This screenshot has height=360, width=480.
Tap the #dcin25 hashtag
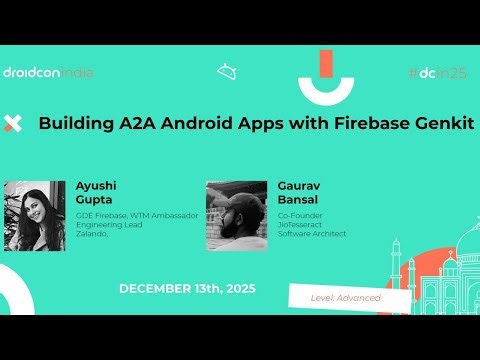coord(437,72)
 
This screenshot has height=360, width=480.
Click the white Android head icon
coord(226,72)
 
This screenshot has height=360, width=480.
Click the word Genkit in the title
coord(437,124)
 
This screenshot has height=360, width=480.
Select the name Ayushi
coord(97,186)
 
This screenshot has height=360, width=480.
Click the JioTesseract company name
coord(304,224)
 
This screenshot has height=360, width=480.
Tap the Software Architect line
coord(312,234)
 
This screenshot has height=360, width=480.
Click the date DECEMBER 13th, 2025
coord(187,288)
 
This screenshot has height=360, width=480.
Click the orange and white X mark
coord(13,124)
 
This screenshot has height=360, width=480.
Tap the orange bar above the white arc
coord(325,62)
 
